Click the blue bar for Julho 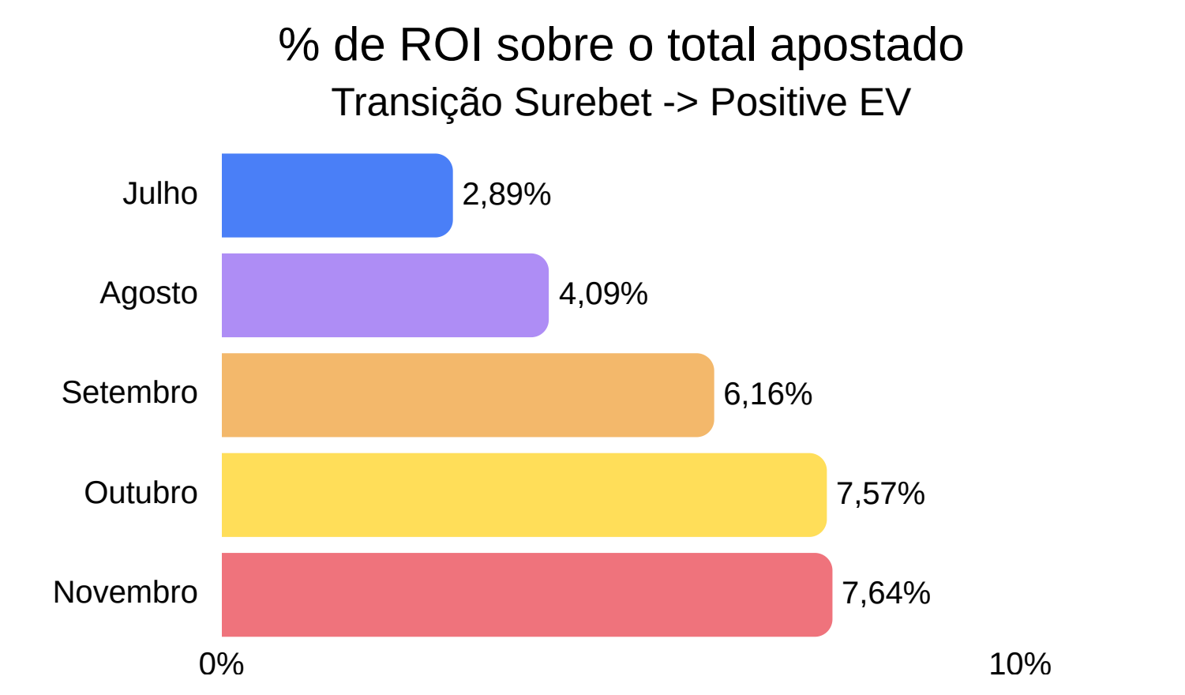337,195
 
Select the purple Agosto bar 385,295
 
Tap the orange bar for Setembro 467,395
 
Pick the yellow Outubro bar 524,495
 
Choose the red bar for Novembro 527,595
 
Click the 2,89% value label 507,194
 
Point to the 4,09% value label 604,294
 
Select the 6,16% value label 767,394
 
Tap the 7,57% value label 881,494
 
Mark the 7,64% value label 886,593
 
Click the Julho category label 160,193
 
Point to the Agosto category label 148,294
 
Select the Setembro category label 129,393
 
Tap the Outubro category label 141,493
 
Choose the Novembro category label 126,592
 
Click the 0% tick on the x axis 221,664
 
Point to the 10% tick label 1020,664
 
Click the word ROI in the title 441,45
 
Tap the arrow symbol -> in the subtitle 681,103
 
